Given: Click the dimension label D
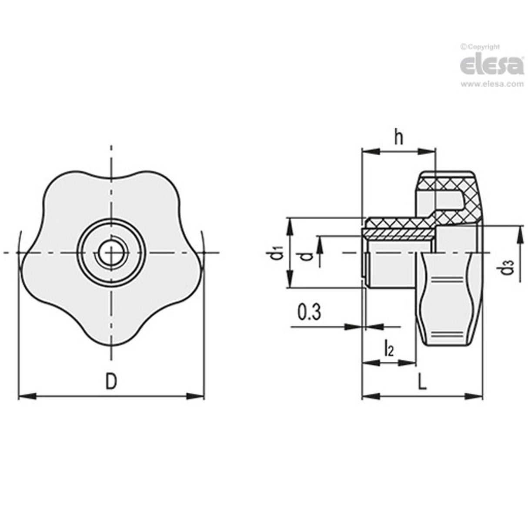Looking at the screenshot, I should (111, 381).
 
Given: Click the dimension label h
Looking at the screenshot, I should (398, 137).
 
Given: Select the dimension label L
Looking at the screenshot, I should (422, 383).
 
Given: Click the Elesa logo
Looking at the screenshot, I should (491, 66).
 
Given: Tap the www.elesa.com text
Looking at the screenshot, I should (492, 84).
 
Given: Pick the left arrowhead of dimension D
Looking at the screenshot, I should (26, 396).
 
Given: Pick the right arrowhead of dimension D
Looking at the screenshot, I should (196, 396).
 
